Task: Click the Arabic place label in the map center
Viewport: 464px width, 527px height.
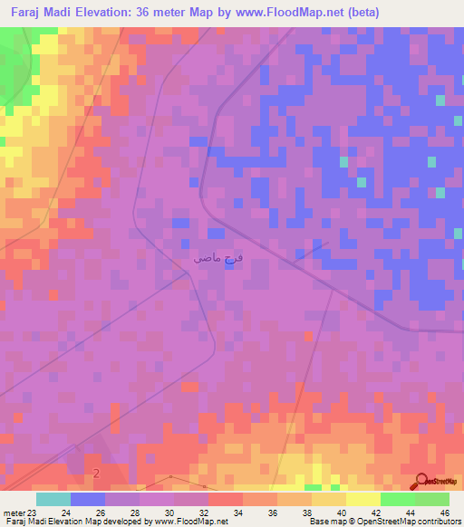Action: [x=218, y=258]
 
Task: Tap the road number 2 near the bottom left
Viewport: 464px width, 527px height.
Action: [x=96, y=474]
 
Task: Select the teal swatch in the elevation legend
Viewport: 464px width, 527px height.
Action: [x=53, y=499]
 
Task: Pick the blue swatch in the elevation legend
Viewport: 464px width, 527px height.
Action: [x=88, y=499]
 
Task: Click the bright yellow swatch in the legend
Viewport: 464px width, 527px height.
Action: [x=362, y=499]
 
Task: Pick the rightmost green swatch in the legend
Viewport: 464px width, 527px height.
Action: [x=432, y=499]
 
